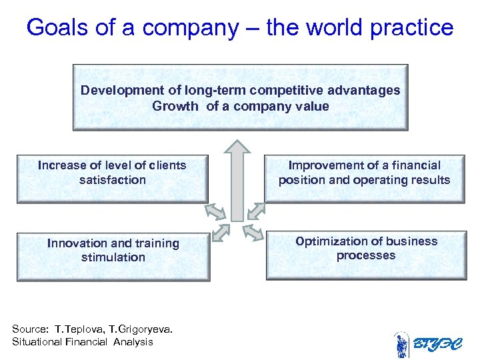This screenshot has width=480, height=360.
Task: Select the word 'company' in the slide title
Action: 190,28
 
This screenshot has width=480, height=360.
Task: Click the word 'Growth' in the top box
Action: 175,106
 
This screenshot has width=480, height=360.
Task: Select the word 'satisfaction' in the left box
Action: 112,180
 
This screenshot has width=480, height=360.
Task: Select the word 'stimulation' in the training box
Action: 113,257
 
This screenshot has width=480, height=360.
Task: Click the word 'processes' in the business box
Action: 366,255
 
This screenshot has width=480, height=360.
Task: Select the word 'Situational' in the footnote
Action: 36,342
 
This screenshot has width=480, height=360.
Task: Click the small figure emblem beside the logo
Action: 402,345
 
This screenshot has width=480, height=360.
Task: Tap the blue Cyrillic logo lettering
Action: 437,345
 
